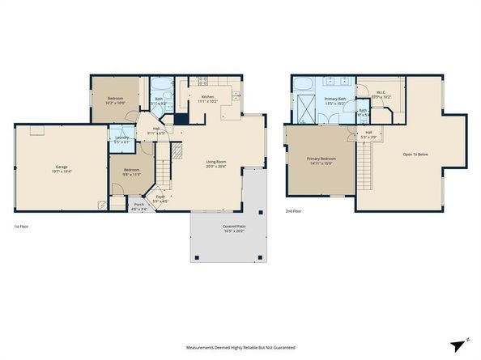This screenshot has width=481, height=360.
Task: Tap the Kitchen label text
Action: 203,99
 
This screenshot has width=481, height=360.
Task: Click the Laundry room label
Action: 122,139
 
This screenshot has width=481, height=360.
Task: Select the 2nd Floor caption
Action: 293,210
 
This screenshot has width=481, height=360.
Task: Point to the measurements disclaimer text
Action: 240,348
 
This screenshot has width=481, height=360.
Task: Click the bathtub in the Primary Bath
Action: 304,83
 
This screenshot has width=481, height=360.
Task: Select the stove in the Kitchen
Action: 200,80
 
